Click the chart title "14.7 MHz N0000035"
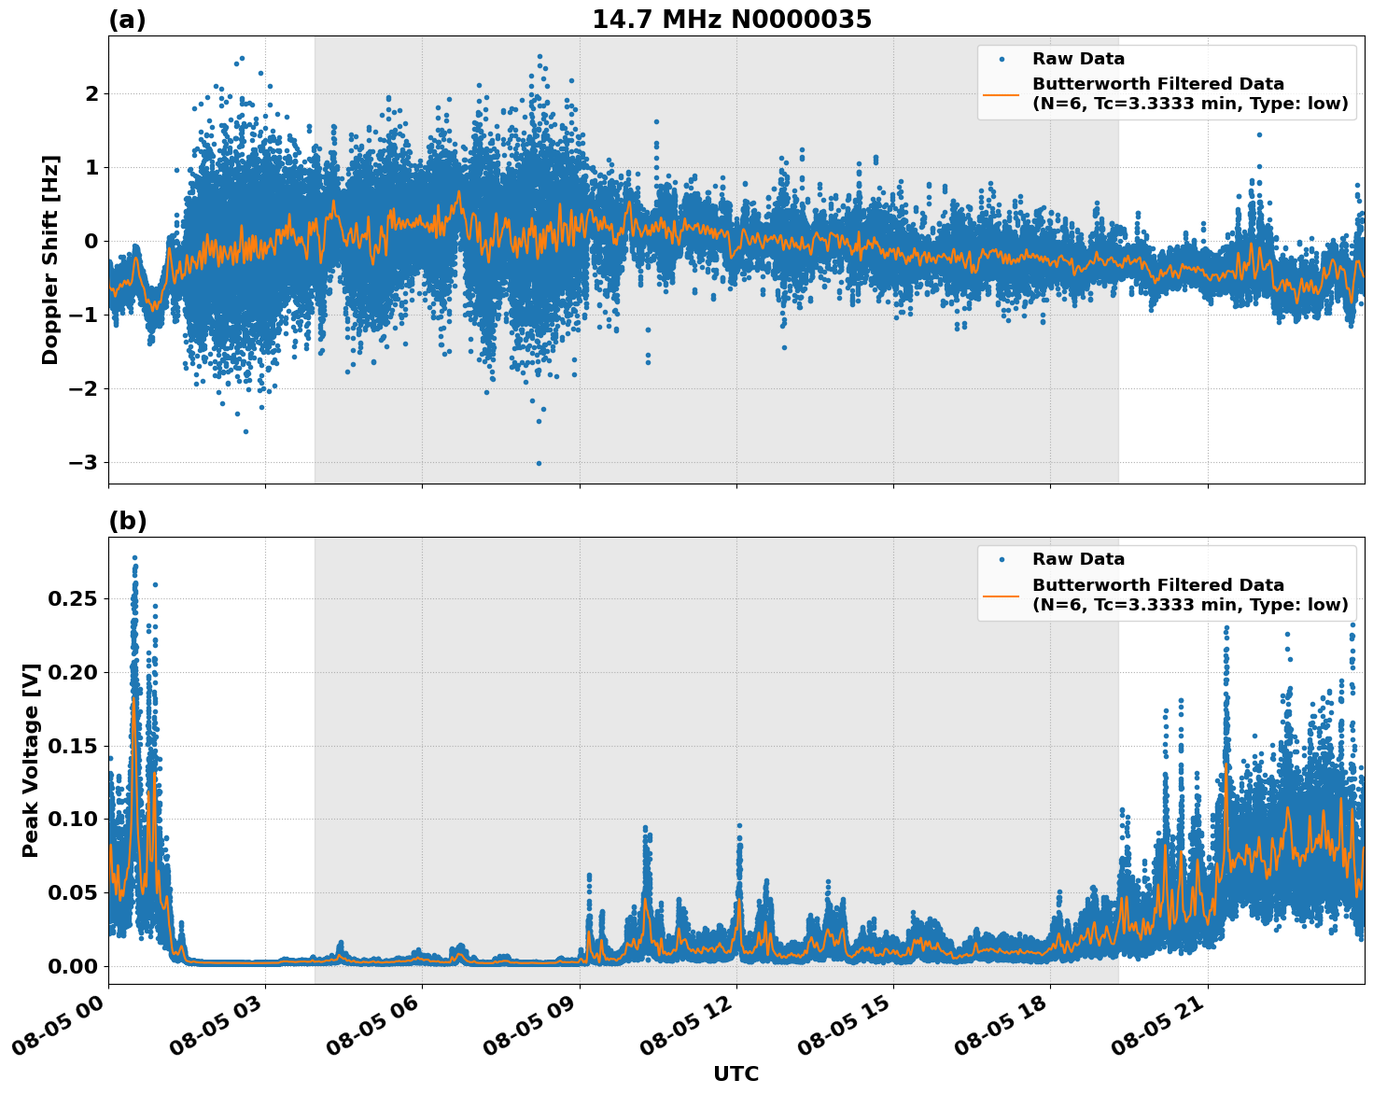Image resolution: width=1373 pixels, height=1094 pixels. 732,20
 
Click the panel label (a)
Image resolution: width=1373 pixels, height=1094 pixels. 127,20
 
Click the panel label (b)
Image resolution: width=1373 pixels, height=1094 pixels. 127,521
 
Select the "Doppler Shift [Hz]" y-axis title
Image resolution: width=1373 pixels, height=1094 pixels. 50,259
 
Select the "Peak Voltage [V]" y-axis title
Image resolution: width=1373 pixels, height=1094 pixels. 31,760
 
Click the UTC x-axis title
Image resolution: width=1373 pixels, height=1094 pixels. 736,1073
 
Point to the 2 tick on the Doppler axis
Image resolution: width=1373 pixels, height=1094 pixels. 91,94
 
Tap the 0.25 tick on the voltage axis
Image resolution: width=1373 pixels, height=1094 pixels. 72,598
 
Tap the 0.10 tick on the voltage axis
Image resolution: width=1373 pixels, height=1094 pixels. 72,820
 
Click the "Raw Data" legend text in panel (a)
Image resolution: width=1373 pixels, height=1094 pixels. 1078,59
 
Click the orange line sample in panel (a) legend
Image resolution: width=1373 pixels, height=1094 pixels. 1001,93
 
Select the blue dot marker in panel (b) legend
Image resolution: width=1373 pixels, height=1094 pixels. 1002,559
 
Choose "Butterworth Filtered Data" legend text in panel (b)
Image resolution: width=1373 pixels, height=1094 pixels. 1157,585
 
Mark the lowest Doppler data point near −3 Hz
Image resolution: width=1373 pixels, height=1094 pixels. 539,463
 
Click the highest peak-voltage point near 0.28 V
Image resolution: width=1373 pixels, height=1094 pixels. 134,558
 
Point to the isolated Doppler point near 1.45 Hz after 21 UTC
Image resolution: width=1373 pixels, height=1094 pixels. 1258,134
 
